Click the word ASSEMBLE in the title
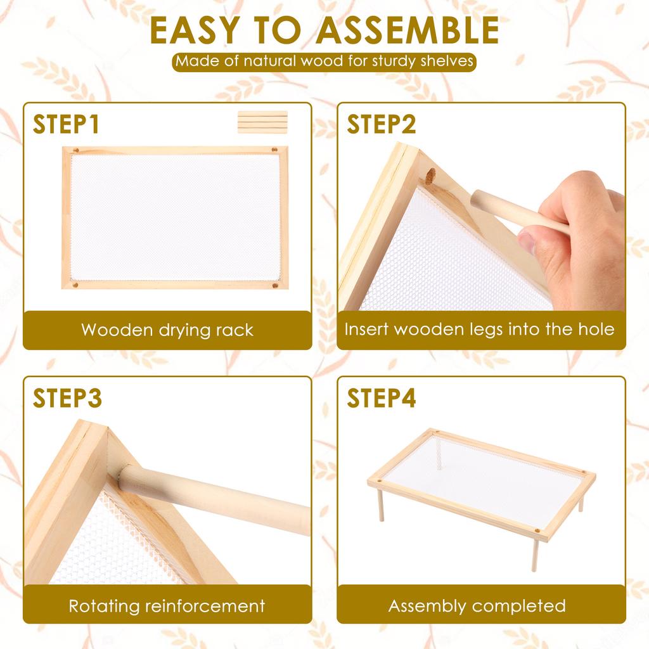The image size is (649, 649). tap(408, 30)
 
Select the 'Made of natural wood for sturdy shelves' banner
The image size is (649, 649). tap(324, 61)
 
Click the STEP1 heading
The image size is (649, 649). tap(66, 124)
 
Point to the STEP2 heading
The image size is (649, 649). tap(381, 124)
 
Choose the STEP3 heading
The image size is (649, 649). tap(67, 398)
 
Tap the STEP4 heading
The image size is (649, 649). tap(381, 398)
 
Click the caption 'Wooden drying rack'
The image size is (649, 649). tap(167, 330)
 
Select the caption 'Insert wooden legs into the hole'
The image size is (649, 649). tap(479, 330)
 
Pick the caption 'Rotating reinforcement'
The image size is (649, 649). tap(167, 606)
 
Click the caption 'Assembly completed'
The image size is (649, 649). tap(477, 606)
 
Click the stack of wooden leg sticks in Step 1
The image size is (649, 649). tap(262, 122)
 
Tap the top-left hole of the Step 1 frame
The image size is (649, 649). tap(76, 150)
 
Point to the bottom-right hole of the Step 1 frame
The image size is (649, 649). tap(274, 285)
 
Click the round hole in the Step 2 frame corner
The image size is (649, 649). tap(430, 176)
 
